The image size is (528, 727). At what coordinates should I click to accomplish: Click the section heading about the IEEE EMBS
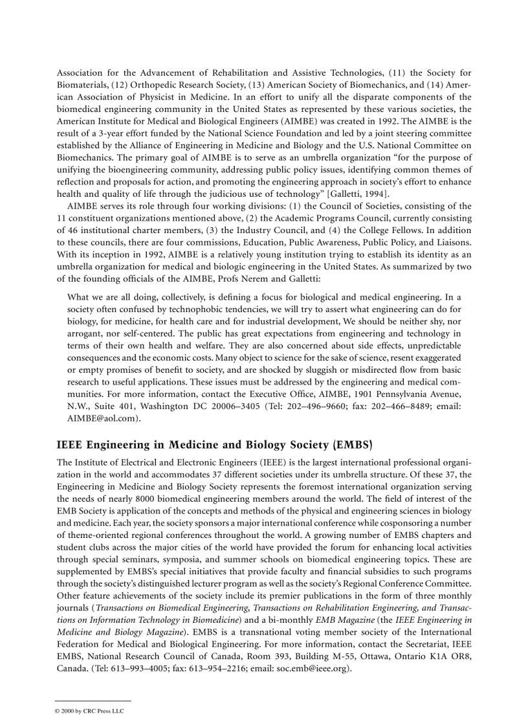coord(215,445)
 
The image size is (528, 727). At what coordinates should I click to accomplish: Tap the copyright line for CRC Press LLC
coord(89,710)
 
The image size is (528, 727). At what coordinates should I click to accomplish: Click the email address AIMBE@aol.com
coord(102,418)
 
